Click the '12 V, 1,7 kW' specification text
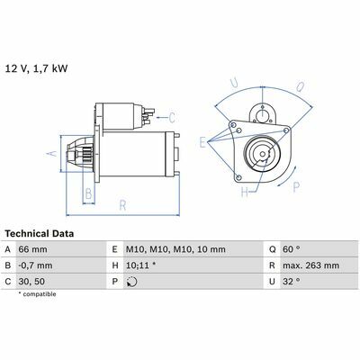coord(36,68)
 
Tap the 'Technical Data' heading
coord(40,234)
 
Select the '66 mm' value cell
coord(32,249)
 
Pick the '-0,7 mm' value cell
coord(35,265)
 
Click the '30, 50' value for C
coord(31,282)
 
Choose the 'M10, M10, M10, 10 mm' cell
coord(175,249)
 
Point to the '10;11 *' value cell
coord(140,265)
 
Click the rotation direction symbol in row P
coord(131,282)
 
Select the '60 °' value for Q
coord(291,249)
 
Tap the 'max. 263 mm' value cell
coord(310,265)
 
